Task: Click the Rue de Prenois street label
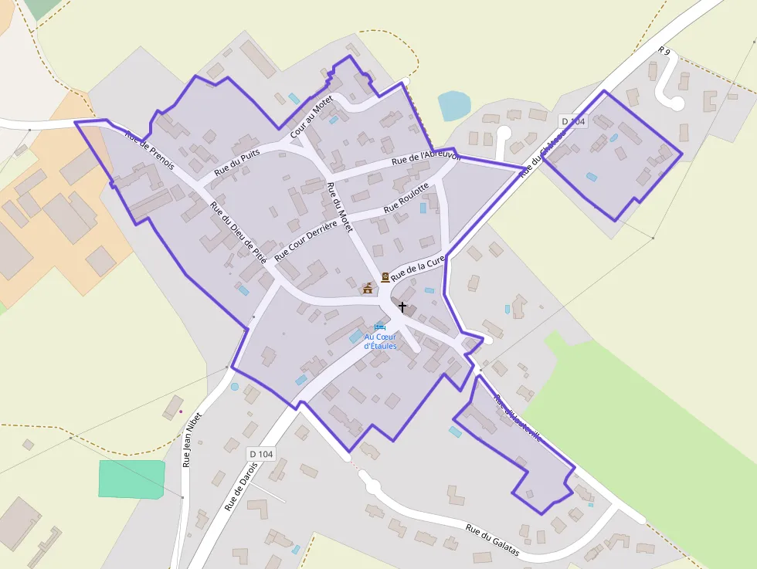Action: point(149,151)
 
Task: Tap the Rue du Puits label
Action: point(238,161)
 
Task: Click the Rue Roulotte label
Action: point(406,198)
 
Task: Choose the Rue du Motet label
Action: point(339,208)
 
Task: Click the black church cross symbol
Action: point(402,307)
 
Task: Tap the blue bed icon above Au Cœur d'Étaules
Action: point(379,327)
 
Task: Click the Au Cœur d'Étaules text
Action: point(380,341)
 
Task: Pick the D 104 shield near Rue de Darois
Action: point(260,454)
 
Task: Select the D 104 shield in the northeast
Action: point(573,121)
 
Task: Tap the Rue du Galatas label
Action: point(491,541)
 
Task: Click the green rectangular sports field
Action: point(131,479)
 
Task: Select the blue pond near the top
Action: point(453,106)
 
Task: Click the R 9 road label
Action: point(664,51)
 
